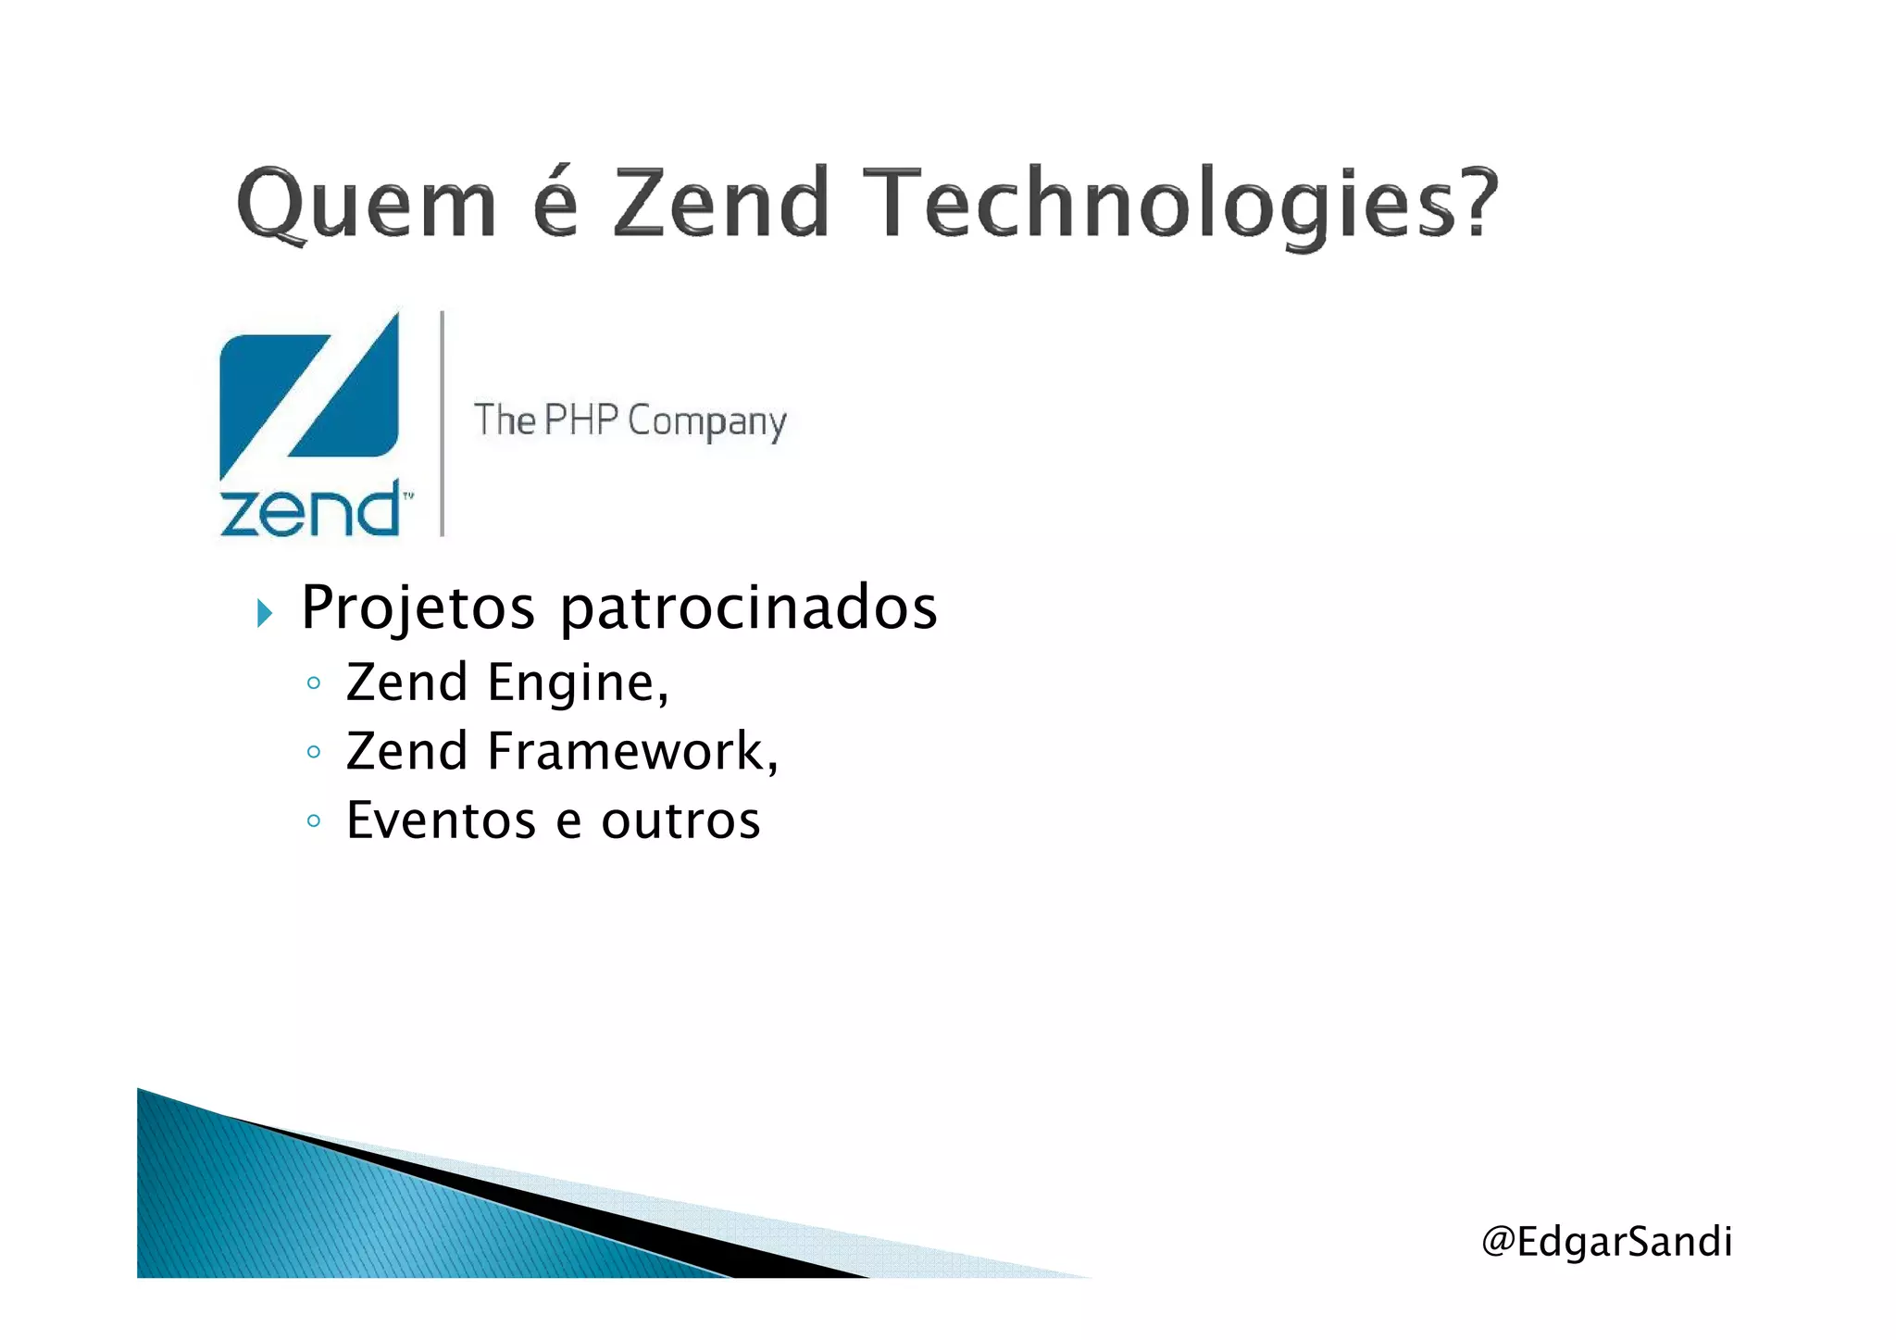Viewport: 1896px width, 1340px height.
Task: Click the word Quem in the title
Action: (x=367, y=204)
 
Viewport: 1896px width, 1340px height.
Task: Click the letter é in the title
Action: (x=556, y=204)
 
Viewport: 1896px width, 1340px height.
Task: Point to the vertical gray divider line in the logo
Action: (x=443, y=423)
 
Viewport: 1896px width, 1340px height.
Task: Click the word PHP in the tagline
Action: (x=580, y=420)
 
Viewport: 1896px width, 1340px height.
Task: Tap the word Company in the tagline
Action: (x=707, y=423)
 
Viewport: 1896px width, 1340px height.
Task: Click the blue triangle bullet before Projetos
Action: (x=265, y=612)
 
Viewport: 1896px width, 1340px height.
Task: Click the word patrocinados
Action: (x=749, y=608)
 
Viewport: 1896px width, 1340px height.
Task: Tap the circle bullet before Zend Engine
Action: (x=314, y=684)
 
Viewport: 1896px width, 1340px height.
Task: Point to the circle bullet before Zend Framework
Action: (x=314, y=752)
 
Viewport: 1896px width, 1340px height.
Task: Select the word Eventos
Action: (x=441, y=820)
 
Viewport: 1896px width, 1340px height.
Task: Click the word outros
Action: (x=680, y=820)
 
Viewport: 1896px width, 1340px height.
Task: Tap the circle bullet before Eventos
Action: (x=314, y=821)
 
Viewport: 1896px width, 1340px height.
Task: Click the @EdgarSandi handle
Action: (x=1606, y=1242)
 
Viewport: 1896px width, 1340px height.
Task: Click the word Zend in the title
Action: (x=721, y=204)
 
